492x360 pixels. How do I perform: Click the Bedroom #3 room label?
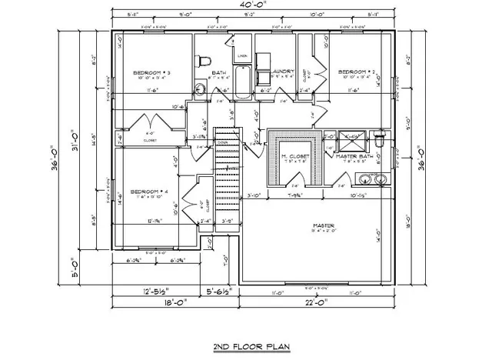(x=151, y=73)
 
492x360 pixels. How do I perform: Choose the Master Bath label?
(x=353, y=157)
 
